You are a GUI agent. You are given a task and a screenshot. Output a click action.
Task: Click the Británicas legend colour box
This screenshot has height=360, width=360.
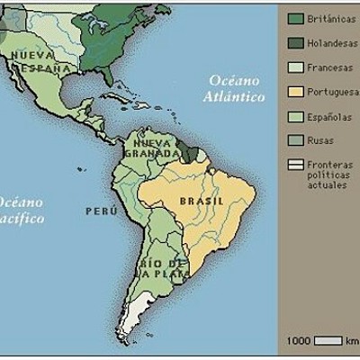tap(294, 18)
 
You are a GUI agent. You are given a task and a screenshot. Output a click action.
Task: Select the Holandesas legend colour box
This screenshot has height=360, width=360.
tap(294, 42)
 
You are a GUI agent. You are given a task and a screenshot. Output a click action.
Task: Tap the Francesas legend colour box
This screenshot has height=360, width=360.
tap(294, 67)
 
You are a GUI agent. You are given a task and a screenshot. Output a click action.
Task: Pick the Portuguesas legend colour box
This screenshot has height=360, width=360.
tap(294, 91)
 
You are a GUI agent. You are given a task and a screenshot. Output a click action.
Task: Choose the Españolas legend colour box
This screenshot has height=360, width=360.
tap(294, 116)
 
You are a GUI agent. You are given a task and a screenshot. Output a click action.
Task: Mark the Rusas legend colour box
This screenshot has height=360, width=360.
tap(294, 140)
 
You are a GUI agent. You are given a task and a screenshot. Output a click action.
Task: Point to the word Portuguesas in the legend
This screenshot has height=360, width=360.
tap(333, 91)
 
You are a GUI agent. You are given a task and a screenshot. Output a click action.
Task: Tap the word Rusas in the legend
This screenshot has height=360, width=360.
tap(319, 140)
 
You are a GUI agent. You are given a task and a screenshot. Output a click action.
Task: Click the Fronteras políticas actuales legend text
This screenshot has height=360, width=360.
tap(329, 175)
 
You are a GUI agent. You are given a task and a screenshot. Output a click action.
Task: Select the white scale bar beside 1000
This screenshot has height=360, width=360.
tap(328, 340)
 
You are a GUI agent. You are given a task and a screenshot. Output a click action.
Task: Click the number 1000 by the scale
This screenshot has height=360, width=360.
tap(299, 341)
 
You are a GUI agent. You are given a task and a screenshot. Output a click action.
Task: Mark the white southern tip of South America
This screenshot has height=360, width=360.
tap(137, 321)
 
